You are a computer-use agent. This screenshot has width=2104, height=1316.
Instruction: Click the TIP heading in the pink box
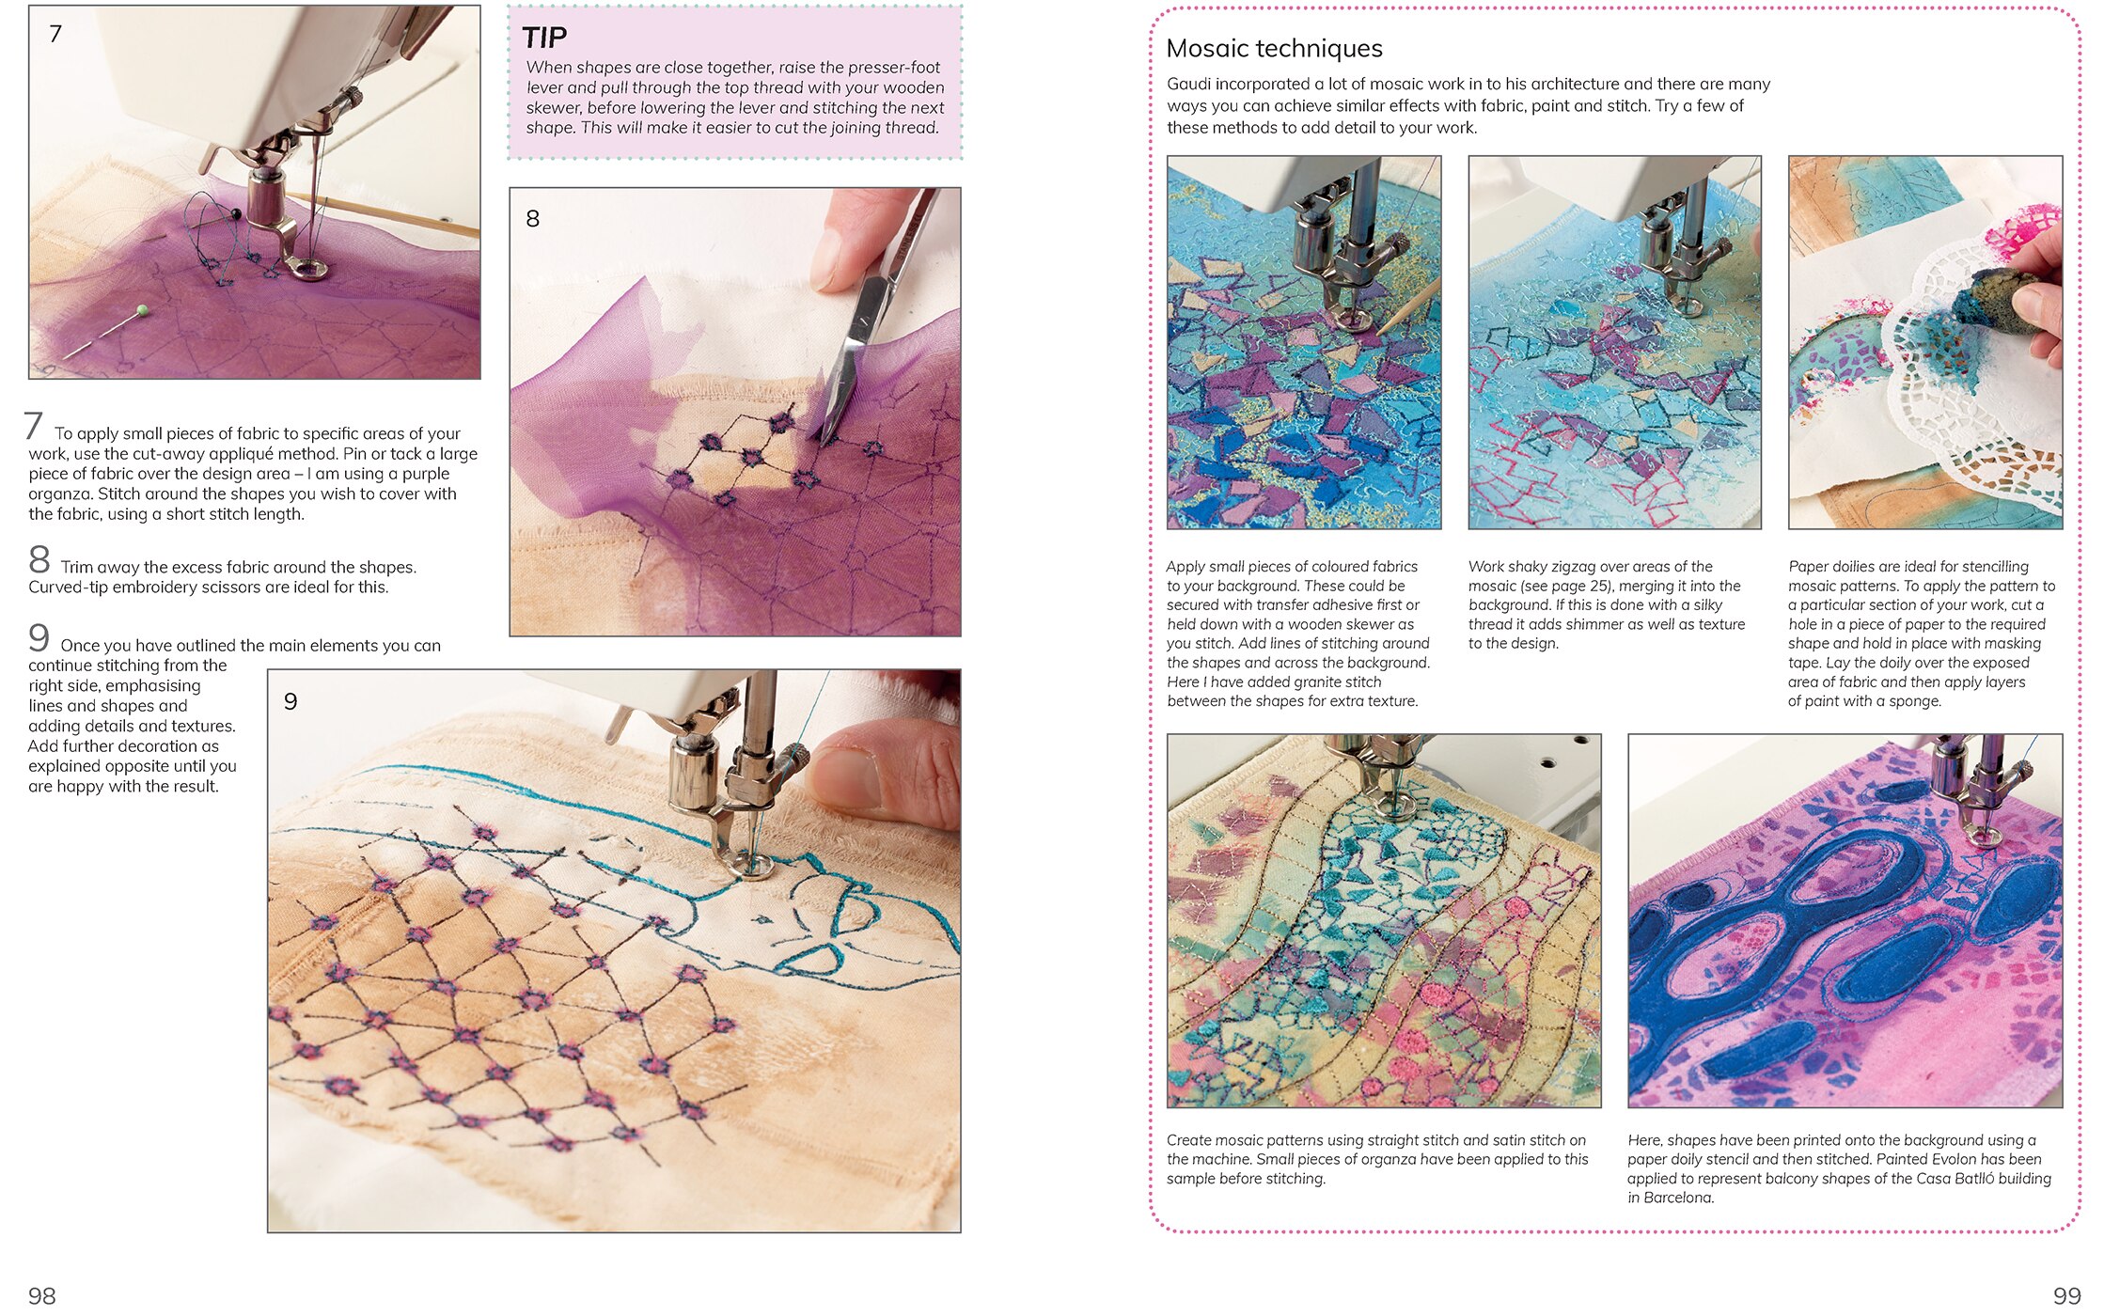544,38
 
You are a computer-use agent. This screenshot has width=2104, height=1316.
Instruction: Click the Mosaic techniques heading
1274,48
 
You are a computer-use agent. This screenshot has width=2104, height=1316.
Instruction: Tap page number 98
41,1296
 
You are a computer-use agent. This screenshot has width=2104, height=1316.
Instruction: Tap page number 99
2066,1296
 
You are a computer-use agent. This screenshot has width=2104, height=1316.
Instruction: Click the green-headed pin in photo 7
142,310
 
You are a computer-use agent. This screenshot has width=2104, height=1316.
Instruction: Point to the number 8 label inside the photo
533,219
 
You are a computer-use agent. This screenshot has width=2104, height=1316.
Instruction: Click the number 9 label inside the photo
290,702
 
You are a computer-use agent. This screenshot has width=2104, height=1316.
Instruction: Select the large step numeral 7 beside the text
34,426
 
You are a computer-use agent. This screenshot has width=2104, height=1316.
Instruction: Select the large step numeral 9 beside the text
39,638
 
